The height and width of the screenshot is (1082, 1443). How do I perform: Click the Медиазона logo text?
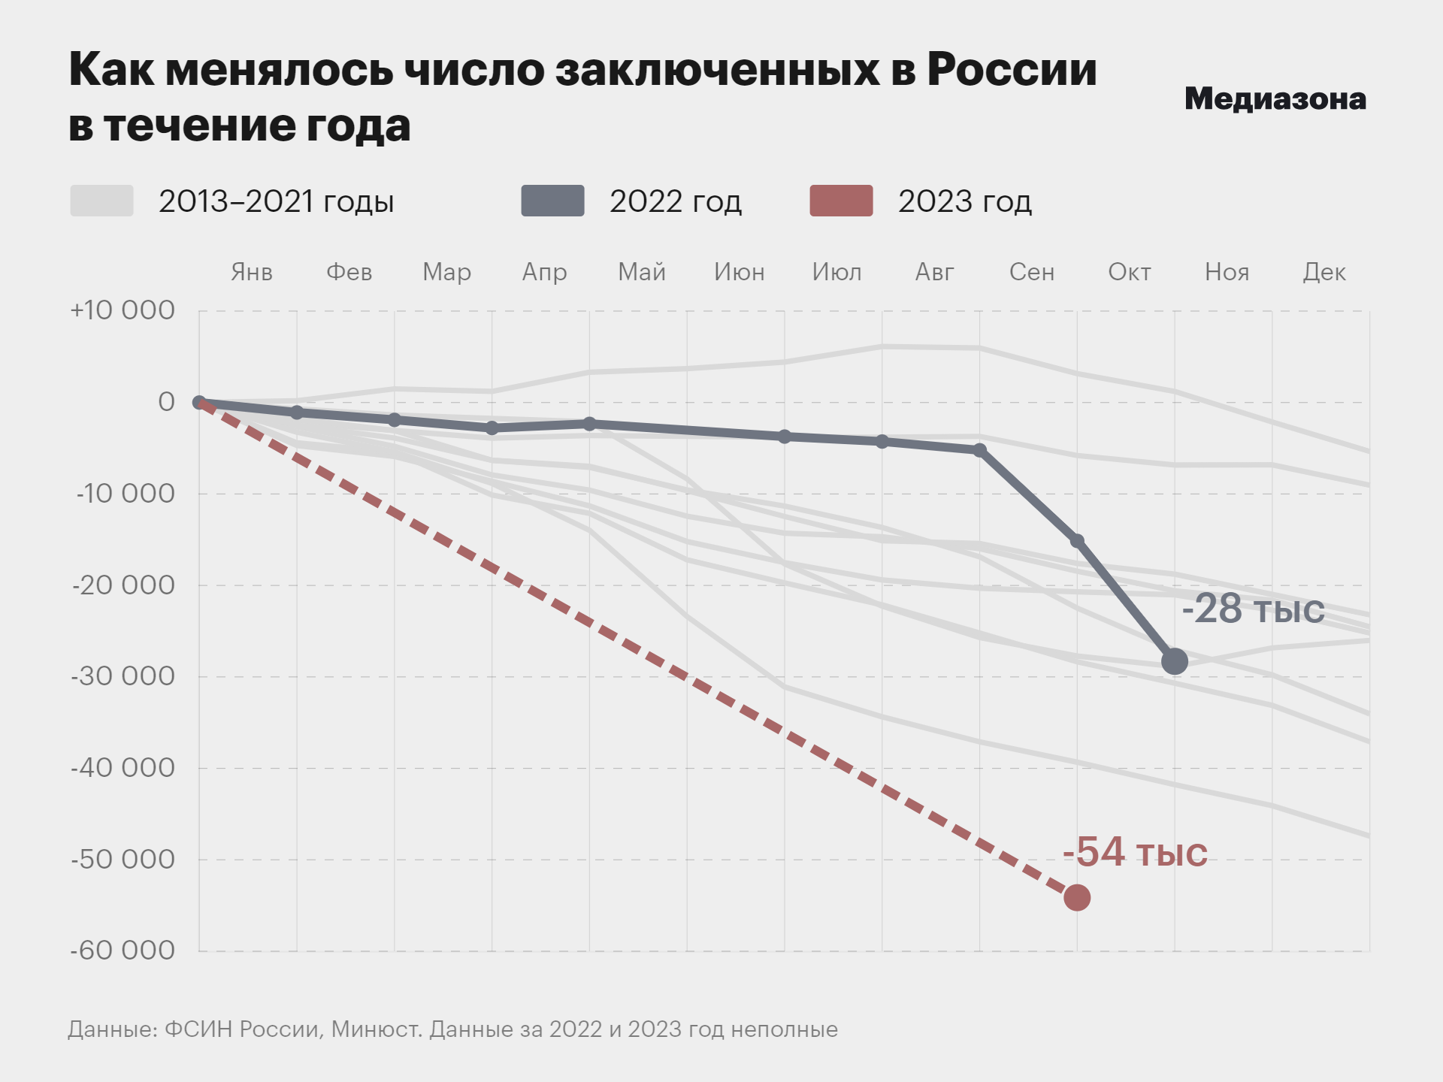[1275, 99]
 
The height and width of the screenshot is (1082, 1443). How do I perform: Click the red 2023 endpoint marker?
[1077, 897]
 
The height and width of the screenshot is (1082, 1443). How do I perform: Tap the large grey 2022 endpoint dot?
[1175, 661]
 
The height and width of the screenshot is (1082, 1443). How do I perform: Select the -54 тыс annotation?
[1135, 852]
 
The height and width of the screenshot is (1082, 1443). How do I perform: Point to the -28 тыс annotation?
[1253, 609]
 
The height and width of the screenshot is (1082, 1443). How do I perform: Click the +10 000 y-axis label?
[123, 310]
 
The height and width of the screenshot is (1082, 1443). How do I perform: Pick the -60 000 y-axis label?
[123, 951]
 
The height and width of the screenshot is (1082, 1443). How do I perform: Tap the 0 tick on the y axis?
[166, 402]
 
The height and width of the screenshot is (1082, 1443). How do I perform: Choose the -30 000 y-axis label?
[123, 676]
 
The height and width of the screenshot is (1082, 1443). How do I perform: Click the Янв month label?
[252, 272]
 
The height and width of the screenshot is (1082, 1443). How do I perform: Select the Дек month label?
[1324, 272]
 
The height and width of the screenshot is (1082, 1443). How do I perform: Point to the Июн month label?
[740, 272]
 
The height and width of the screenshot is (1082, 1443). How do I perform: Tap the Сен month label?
[1032, 272]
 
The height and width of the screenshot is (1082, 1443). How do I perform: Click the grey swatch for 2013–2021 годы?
[102, 201]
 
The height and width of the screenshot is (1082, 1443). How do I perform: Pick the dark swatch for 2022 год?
[553, 201]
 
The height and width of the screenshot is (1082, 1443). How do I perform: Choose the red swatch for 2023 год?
[841, 201]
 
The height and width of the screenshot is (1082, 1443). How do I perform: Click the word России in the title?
[1012, 70]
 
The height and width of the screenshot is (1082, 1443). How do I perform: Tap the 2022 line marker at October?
[1077, 541]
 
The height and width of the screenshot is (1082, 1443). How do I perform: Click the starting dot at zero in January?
[199, 403]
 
